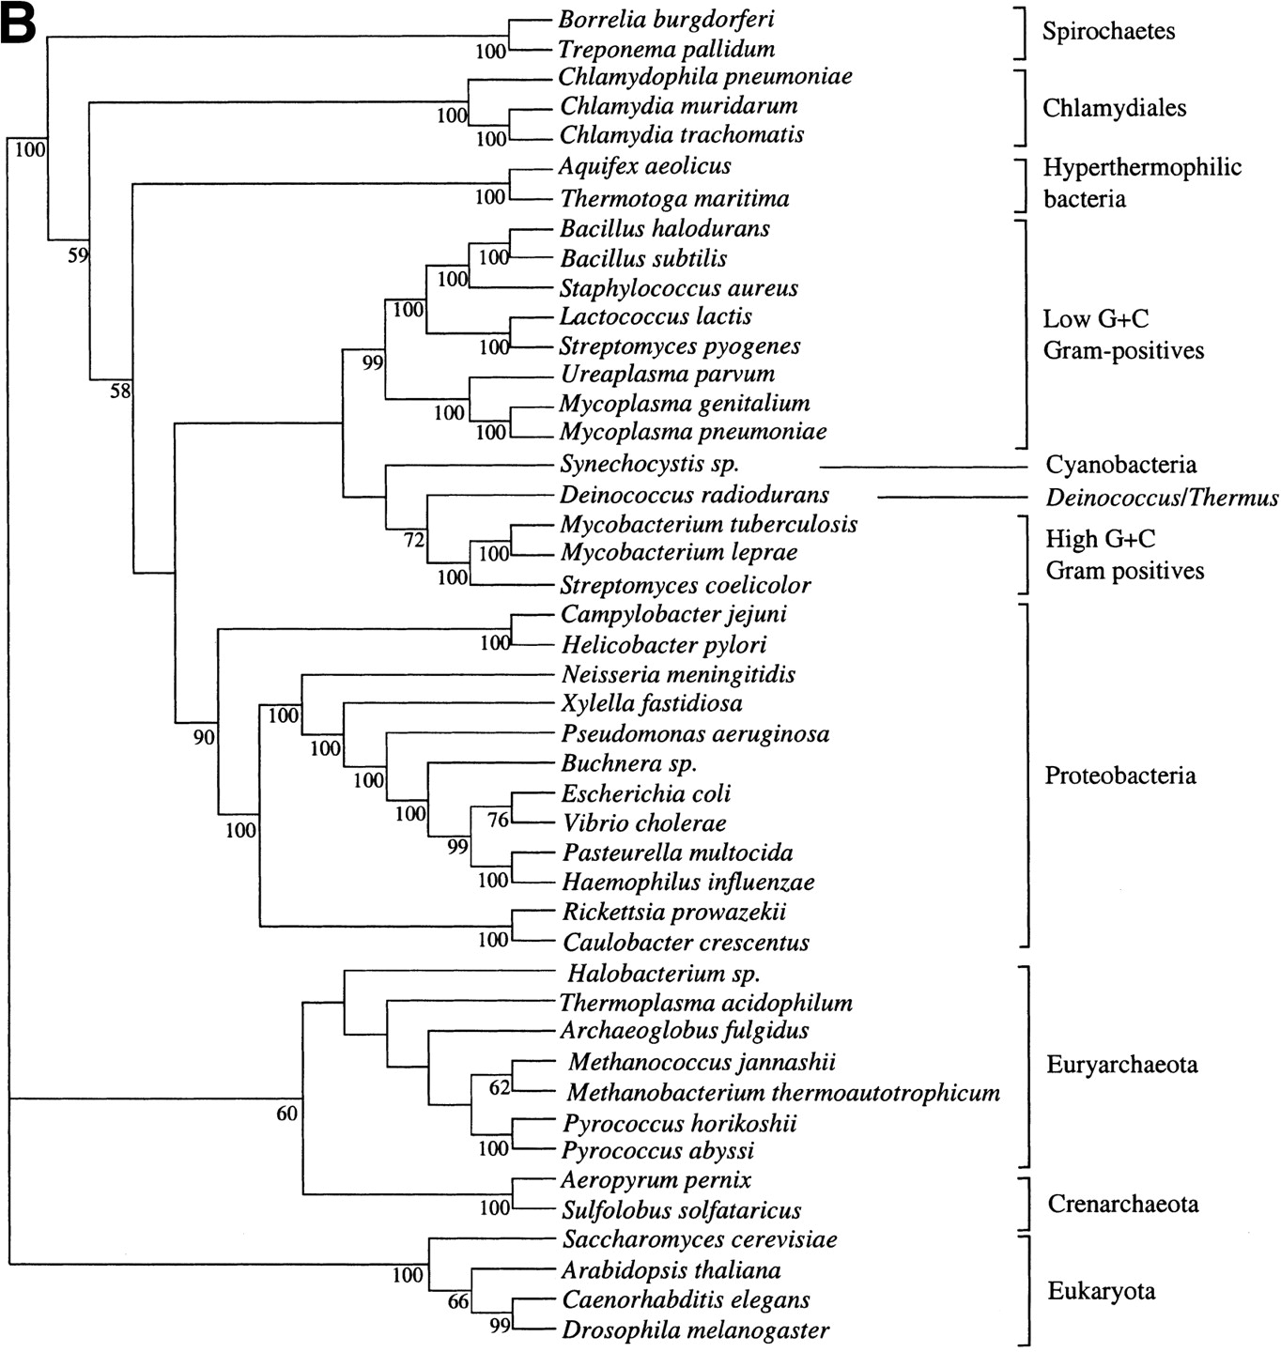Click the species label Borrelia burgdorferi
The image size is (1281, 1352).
[x=666, y=19]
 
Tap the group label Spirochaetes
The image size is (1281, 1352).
[x=1108, y=31]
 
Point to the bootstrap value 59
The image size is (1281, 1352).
[x=78, y=254]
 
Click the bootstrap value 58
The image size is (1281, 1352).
[x=119, y=392]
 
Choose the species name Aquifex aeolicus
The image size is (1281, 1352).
[x=644, y=166]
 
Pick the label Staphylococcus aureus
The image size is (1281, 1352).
[x=679, y=288]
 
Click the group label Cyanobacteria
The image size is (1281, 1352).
[x=1121, y=465]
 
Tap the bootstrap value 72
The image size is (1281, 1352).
[x=415, y=540]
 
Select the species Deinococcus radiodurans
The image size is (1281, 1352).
[x=694, y=495]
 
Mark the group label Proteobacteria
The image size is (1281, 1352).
[x=1120, y=776]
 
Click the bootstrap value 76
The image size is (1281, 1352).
[x=498, y=820]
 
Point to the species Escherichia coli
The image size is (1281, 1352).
[x=646, y=793]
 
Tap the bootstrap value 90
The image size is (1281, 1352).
[x=204, y=738]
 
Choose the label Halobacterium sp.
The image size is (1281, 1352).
[x=663, y=974]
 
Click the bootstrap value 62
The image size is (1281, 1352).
[x=499, y=1088]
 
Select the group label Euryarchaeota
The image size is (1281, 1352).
[x=1122, y=1065]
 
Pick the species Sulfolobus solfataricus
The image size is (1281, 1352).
[x=681, y=1210]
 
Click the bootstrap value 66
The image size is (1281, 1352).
[x=457, y=1302]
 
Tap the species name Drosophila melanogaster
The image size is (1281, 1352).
[x=696, y=1330]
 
